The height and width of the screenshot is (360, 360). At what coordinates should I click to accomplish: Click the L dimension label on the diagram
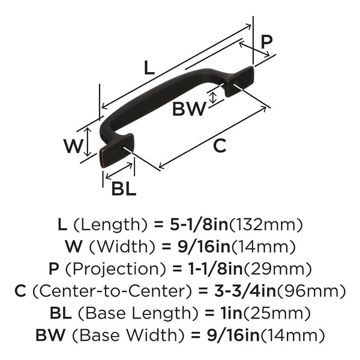click(x=149, y=67)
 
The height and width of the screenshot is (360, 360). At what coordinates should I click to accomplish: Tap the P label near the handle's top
click(x=266, y=41)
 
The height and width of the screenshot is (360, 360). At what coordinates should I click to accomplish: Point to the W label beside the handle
click(x=73, y=146)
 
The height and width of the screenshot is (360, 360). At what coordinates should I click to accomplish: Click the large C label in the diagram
click(x=220, y=146)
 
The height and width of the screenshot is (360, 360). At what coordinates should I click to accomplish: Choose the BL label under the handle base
click(x=124, y=188)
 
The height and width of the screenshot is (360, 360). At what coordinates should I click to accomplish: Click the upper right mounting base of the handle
click(x=239, y=81)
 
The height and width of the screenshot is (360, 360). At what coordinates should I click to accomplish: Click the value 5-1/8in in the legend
click(x=199, y=225)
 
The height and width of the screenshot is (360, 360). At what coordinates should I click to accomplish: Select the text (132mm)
click(x=266, y=225)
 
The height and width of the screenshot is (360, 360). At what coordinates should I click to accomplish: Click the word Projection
click(x=116, y=269)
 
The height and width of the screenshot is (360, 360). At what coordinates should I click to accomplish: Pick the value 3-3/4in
click(x=245, y=291)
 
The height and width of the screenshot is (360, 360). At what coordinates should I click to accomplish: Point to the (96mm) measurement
click(x=311, y=291)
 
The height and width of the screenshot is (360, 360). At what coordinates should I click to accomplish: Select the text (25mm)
click(x=277, y=313)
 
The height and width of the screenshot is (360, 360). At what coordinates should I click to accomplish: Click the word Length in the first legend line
click(x=110, y=225)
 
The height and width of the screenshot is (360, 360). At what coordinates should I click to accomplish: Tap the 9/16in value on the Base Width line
click(x=233, y=335)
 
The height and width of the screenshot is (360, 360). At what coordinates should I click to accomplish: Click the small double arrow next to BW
click(x=214, y=98)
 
